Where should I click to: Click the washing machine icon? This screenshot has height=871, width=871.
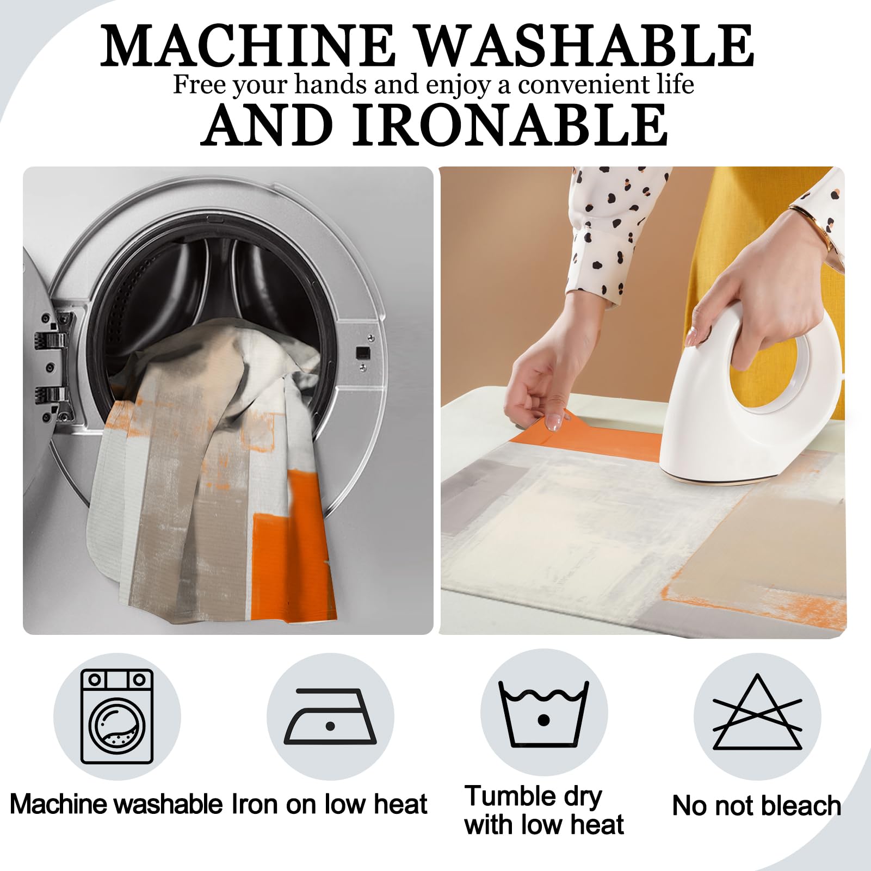[x=117, y=716]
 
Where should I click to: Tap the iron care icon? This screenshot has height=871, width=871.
[x=330, y=716]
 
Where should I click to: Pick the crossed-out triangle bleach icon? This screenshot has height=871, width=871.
[x=757, y=712]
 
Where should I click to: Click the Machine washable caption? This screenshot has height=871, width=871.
[x=116, y=804]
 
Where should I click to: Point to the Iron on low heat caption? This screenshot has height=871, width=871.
[x=330, y=804]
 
